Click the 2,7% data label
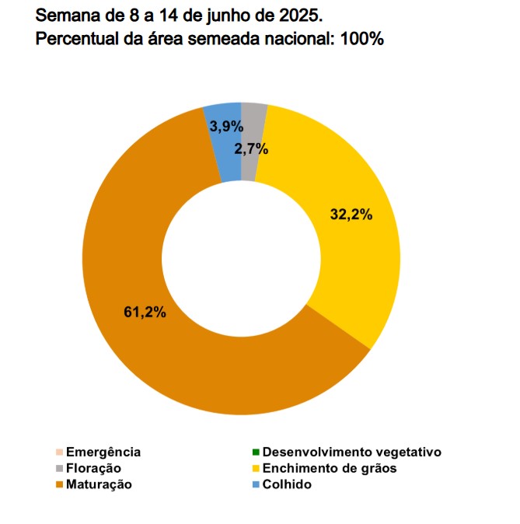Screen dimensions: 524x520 click(250, 148)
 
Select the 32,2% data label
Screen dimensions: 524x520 click(351, 215)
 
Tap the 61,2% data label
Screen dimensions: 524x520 click(144, 313)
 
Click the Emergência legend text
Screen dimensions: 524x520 click(103, 452)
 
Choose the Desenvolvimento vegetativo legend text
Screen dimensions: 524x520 click(351, 452)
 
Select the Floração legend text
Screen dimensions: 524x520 click(93, 468)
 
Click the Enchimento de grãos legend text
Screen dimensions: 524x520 click(330, 468)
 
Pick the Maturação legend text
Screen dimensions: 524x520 click(99, 484)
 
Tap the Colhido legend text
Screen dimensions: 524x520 click(287, 484)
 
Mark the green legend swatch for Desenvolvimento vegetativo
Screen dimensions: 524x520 click(256, 452)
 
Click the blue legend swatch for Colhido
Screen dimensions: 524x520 click(256, 484)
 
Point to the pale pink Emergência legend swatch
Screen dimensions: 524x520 click(59, 452)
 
